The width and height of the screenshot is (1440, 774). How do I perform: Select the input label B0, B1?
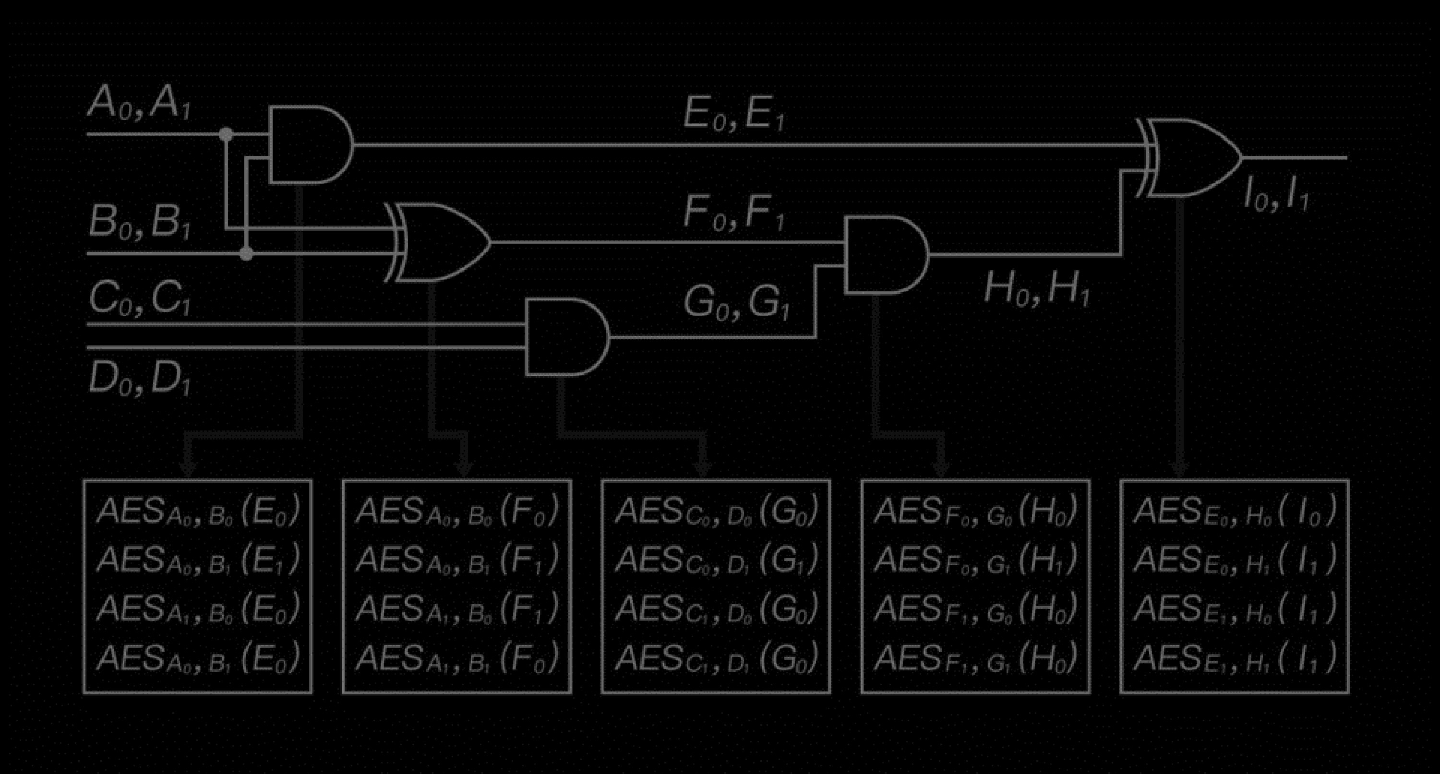tap(140, 223)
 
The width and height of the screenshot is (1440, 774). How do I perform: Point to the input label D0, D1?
tap(140, 379)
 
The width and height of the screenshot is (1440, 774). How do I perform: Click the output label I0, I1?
tap(1276, 196)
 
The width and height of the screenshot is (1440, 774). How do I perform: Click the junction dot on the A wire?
tap(226, 135)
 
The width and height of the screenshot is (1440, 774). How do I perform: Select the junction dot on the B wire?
tap(246, 254)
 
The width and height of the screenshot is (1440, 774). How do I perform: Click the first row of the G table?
tap(716, 510)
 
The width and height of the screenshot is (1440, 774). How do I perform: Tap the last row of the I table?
tap(1234, 658)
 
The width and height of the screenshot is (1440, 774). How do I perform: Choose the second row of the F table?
tap(456, 560)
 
